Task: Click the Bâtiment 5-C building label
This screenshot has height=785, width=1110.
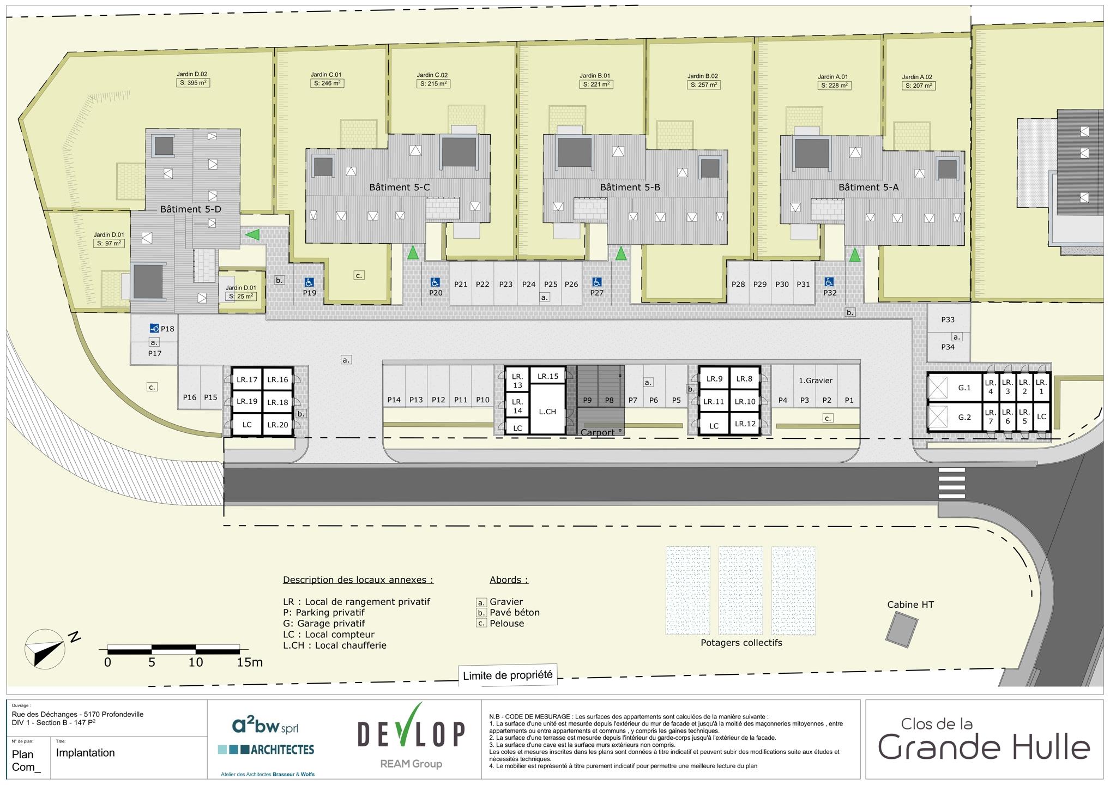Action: click(399, 187)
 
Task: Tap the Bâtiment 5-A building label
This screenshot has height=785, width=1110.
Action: click(868, 187)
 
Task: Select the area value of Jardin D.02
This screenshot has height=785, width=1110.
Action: click(194, 83)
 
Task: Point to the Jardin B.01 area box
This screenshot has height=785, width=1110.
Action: click(596, 84)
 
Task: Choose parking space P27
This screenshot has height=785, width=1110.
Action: click(597, 283)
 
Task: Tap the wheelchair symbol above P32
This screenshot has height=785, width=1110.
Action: click(829, 282)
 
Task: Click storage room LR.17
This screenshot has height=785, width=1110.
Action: click(247, 379)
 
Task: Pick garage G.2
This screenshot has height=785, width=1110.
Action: click(964, 417)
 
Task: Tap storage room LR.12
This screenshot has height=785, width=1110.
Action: click(745, 424)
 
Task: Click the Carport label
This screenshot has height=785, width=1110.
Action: click(598, 432)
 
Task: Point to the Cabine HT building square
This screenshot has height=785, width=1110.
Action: click(901, 630)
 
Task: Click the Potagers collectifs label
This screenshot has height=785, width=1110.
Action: click(741, 643)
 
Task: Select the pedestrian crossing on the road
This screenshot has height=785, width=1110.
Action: click(951, 482)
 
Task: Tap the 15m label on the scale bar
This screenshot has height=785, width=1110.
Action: click(250, 662)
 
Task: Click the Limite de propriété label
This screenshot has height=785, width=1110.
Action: click(508, 675)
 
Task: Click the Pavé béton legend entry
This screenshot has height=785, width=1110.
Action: click(515, 612)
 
